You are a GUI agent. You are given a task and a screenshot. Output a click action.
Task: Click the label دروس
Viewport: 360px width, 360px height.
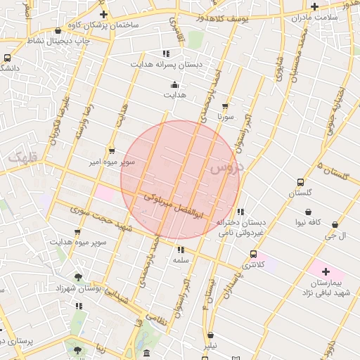tap(225, 167)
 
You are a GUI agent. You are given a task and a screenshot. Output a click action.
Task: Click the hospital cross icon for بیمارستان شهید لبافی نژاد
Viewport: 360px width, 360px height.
tap(325, 271)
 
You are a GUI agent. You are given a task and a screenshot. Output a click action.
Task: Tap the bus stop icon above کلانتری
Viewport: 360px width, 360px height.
tap(253, 254)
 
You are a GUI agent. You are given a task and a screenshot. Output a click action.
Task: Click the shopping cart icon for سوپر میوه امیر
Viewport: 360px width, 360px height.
tap(112, 150)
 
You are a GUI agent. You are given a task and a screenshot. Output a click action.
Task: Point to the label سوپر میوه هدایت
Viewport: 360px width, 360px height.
tap(78, 242)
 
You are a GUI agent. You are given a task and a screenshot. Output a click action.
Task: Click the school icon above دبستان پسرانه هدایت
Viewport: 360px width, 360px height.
tap(166, 53)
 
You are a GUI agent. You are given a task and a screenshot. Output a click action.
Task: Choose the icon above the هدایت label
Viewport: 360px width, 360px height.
tap(174, 84)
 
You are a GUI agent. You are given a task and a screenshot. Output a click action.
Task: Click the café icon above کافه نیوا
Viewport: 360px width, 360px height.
tap(308, 211)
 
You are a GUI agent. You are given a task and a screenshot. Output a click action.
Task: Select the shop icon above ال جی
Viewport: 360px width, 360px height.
tap(335, 225)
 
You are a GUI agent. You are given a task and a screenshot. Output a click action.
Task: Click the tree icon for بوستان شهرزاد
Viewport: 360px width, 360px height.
tap(78, 277)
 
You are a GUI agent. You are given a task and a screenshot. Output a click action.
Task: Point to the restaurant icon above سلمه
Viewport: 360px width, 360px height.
tap(181, 249)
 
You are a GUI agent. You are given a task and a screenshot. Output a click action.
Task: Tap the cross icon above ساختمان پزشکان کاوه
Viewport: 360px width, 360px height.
tap(103, 13)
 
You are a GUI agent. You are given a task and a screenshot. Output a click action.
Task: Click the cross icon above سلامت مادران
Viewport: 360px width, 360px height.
tap(314, 6)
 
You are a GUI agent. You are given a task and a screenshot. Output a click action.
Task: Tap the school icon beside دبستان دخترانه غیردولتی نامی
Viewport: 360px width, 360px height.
tap(240, 211)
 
